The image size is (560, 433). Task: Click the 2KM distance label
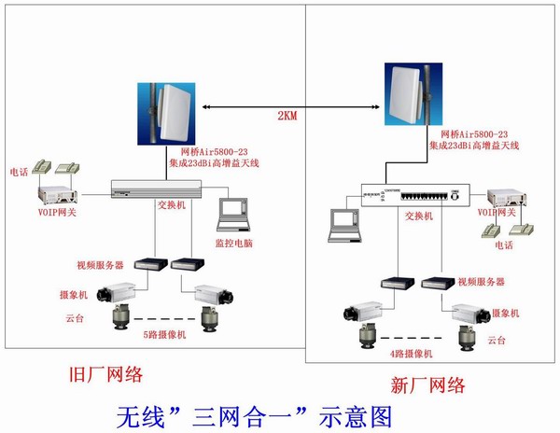click(287, 116)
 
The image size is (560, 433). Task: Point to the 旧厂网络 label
click(107, 375)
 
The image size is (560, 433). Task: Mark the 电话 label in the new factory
click(504, 244)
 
